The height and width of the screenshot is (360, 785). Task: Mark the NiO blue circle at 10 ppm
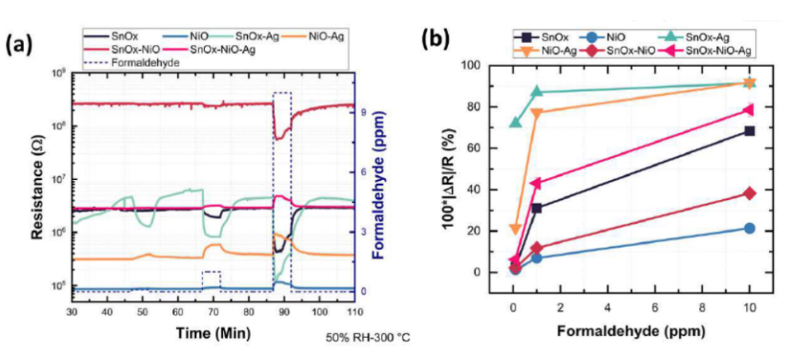(x=749, y=229)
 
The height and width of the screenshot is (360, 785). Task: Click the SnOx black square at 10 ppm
(x=749, y=131)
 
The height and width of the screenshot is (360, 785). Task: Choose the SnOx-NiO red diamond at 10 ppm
(x=749, y=194)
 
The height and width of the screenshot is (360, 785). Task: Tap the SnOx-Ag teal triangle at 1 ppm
(x=536, y=92)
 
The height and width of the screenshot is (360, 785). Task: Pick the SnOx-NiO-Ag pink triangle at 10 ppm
(x=749, y=110)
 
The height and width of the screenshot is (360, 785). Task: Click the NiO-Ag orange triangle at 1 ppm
(x=536, y=113)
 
